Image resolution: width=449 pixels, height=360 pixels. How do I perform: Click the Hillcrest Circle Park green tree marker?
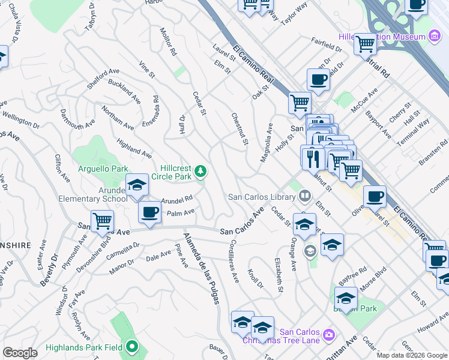200,173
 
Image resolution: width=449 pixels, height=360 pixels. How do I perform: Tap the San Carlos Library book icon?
305,197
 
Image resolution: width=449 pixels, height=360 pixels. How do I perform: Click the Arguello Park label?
102,169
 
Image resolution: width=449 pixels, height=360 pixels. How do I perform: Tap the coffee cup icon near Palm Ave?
149,212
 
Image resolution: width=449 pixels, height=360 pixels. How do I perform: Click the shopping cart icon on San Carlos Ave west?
103,221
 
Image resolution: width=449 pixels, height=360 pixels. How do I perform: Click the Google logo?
20,353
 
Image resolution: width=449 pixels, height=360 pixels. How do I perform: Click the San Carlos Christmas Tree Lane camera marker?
328,334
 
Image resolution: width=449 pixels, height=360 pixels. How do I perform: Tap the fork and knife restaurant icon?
313,158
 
